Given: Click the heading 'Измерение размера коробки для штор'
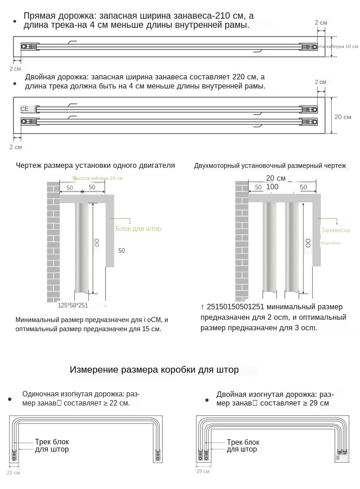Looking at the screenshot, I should click(154, 370).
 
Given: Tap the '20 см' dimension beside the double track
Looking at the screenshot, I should click(343, 117).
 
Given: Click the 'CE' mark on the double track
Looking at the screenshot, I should click(25, 109).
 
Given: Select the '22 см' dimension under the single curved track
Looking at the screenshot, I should click(13, 472).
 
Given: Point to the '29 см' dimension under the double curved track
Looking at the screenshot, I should click(203, 471).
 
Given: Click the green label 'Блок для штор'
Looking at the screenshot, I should click(139, 229).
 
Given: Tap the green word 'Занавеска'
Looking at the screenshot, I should click(335, 230).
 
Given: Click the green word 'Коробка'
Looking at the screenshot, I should click(330, 243).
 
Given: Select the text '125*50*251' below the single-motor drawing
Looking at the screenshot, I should click(73, 306).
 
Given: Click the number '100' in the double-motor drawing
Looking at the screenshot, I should click(272, 187).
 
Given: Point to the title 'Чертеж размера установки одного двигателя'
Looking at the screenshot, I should click(95, 166).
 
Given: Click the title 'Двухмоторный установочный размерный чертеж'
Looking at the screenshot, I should click(270, 166).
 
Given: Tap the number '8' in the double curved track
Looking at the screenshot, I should click(338, 458).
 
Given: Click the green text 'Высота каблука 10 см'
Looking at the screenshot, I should click(98, 178).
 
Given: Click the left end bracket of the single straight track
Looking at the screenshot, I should click(29, 47).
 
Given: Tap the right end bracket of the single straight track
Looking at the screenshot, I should click(308, 47).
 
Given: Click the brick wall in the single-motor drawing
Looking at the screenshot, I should click(53, 242).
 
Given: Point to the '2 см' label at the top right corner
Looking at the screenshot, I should click(321, 22).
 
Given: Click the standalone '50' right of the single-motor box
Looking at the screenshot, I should click(122, 250).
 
